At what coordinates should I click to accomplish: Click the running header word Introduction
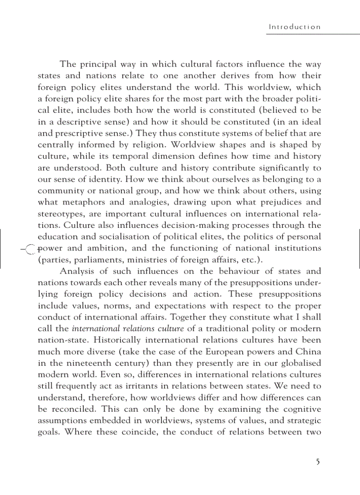[295, 27]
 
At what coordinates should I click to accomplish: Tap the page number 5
[318, 462]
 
